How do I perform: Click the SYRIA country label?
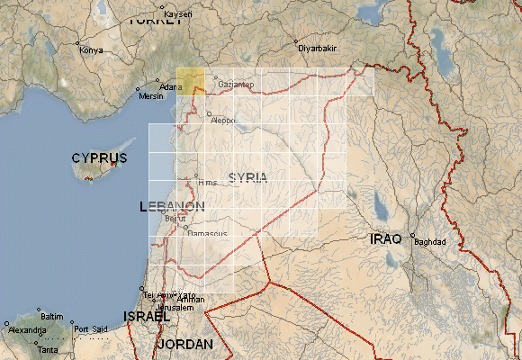coord(248,177)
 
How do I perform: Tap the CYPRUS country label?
coord(99,158)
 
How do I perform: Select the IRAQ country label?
coord(388,238)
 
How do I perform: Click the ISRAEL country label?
coord(147,317)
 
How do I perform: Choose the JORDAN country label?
coord(185,345)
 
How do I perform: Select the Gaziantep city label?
coord(237,85)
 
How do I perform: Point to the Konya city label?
coord(92,50)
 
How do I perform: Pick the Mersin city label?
coord(152,96)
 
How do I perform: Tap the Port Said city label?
coord(90,329)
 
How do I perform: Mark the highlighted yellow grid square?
coord(190,81)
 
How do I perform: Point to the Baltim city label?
coord(52,317)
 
